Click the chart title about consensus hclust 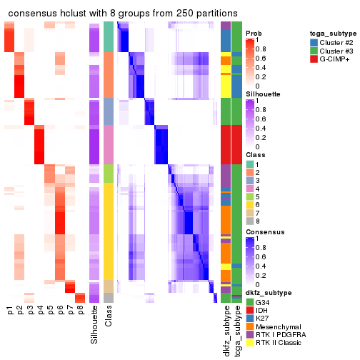(123, 14)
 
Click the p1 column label (10, 311)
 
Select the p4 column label (40, 311)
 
